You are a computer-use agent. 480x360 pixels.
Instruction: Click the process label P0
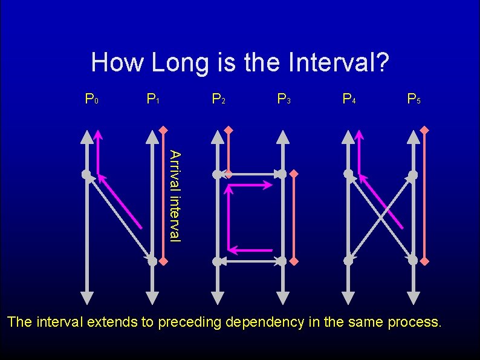click(x=92, y=97)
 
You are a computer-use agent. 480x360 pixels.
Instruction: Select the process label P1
click(x=153, y=97)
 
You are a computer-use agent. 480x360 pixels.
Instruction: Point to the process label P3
click(x=284, y=97)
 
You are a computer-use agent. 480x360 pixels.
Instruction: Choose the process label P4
click(x=349, y=97)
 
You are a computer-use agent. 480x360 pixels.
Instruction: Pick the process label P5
click(x=414, y=97)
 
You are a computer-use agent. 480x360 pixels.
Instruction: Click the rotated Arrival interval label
click(x=174, y=195)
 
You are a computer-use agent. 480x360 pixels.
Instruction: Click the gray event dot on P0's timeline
click(x=87, y=174)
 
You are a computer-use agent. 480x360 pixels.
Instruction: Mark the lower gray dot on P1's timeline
click(x=152, y=261)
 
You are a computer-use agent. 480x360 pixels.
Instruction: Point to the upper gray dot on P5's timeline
click(x=413, y=174)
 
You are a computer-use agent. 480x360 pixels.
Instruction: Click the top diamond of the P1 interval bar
click(x=163, y=130)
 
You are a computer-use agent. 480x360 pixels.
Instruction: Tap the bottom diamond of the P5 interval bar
click(x=424, y=261)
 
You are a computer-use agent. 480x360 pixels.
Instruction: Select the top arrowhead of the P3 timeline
click(x=282, y=136)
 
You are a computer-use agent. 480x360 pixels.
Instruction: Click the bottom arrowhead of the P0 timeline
click(x=87, y=297)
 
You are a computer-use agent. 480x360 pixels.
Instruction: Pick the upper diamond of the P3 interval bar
click(x=294, y=174)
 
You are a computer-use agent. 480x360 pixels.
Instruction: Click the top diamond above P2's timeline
click(x=228, y=130)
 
